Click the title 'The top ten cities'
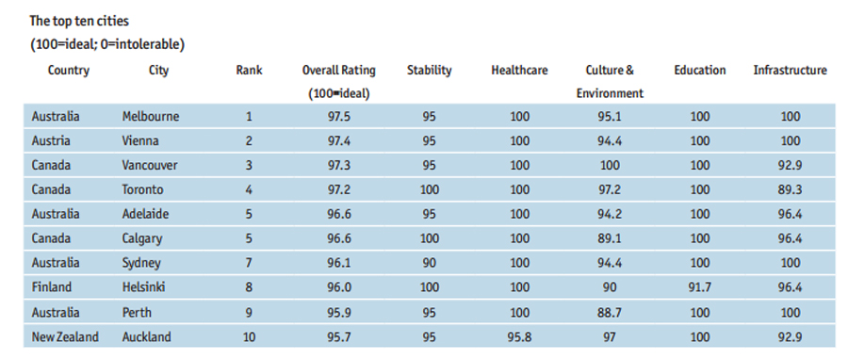(80, 20)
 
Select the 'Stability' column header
(429, 70)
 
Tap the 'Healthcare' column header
(519, 70)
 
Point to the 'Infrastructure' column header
(790, 70)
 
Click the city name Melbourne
(150, 117)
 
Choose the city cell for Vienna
(140, 141)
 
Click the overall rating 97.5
(339, 117)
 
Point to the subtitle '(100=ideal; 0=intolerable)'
(106, 44)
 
